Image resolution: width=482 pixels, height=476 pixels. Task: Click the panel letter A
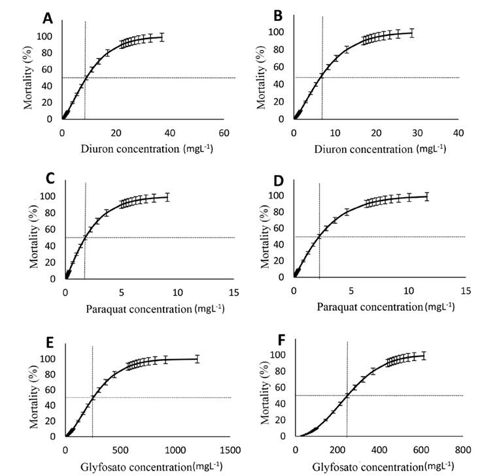pyautogui.click(x=47, y=18)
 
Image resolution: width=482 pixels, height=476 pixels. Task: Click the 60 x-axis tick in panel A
pyautogui.click(x=224, y=133)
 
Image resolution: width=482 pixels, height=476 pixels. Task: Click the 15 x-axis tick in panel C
pyautogui.click(x=233, y=292)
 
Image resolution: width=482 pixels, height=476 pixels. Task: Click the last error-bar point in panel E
pyautogui.click(x=197, y=358)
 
